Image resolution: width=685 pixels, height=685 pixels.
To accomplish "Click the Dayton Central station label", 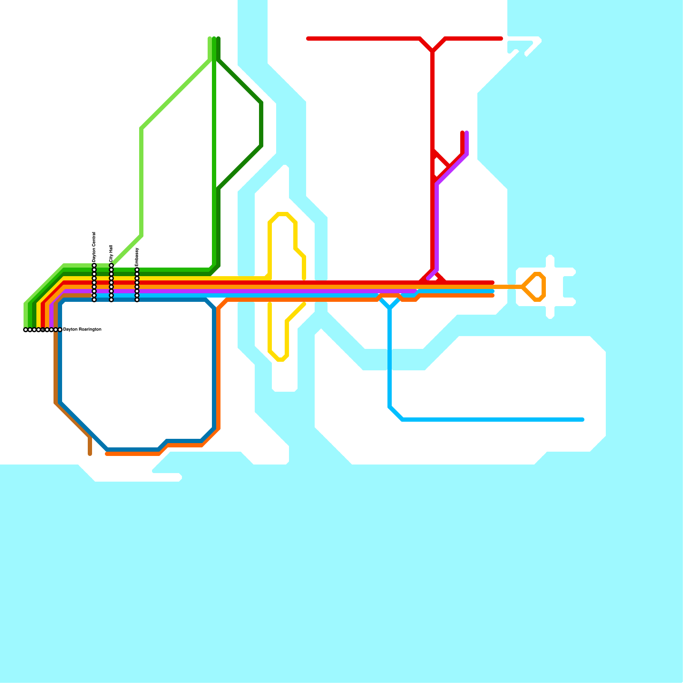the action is [94, 247].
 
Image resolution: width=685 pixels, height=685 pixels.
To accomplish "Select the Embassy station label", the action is [137, 257].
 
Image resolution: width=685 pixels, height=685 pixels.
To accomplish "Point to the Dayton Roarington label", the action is [82, 330].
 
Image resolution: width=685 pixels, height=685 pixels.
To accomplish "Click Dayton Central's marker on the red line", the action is [94, 283].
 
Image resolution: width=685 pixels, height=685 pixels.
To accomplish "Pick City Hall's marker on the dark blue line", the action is [111, 300].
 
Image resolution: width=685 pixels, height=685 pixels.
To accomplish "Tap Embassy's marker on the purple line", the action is [137, 291].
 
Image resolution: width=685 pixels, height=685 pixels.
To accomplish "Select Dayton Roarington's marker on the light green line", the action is [26, 330].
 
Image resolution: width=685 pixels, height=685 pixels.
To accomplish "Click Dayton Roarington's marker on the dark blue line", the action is [60, 330].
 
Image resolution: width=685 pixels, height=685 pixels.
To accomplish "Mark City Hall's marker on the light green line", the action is [111, 265].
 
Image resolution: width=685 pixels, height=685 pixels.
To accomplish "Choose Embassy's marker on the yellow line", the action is [137, 278].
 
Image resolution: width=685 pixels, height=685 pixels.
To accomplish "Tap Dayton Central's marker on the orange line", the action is [94, 287].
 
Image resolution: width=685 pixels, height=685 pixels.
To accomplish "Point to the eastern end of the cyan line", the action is [583, 420].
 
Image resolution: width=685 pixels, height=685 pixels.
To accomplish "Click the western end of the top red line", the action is [308, 39].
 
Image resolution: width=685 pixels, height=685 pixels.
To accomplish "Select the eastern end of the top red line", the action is [501, 39].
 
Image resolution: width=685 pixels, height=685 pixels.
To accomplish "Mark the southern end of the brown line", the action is [90, 454].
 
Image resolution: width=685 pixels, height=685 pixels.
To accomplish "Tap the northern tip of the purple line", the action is [467, 133].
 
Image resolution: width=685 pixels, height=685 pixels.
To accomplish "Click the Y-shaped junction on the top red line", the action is [433, 51].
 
